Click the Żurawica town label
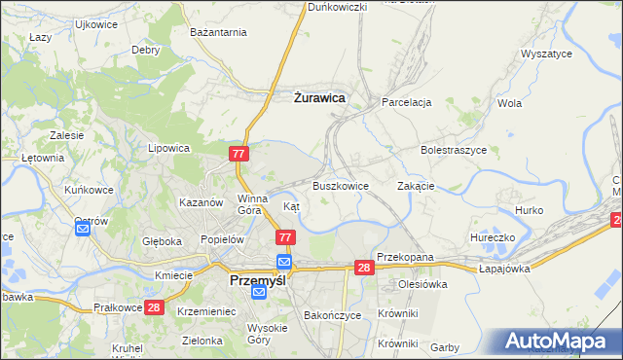click(319, 96)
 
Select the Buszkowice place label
click(341, 185)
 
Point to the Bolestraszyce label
click(454, 150)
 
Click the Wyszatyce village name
click(547, 54)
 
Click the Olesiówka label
click(421, 284)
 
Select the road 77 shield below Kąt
click(285, 237)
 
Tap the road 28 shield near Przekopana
click(364, 268)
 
